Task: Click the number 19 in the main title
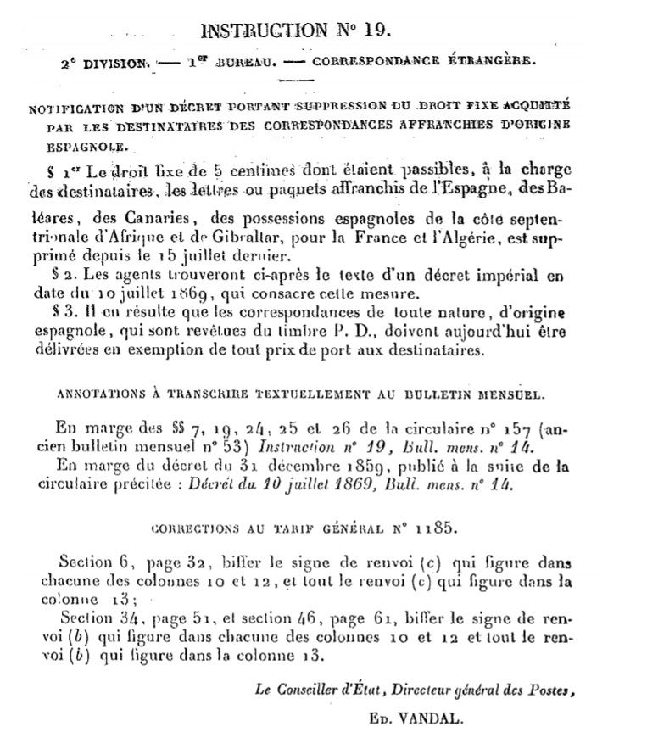click(x=376, y=31)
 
